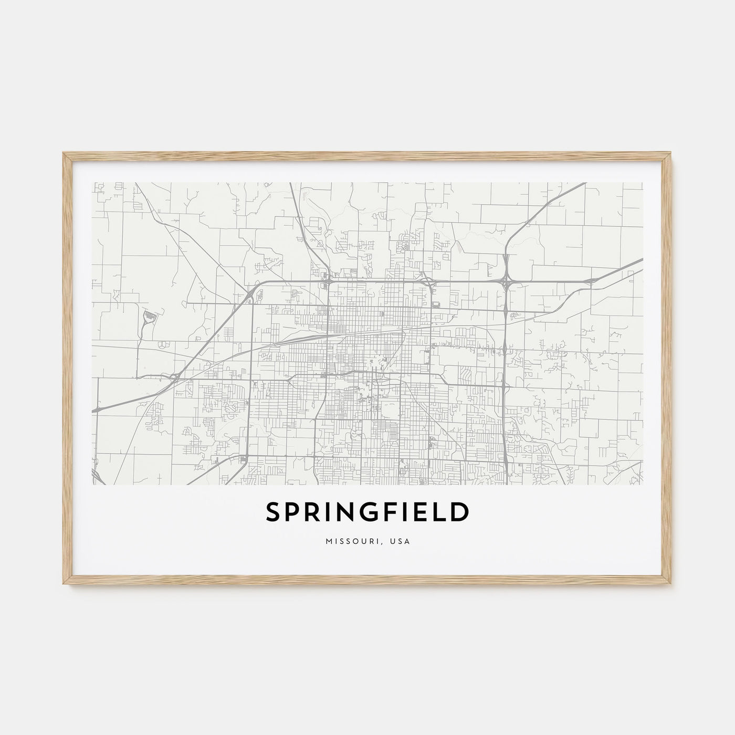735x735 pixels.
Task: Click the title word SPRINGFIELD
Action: pyautogui.click(x=367, y=513)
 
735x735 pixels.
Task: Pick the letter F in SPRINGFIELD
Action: pyautogui.click(x=379, y=513)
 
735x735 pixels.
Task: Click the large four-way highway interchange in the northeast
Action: pyautogui.click(x=505, y=282)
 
